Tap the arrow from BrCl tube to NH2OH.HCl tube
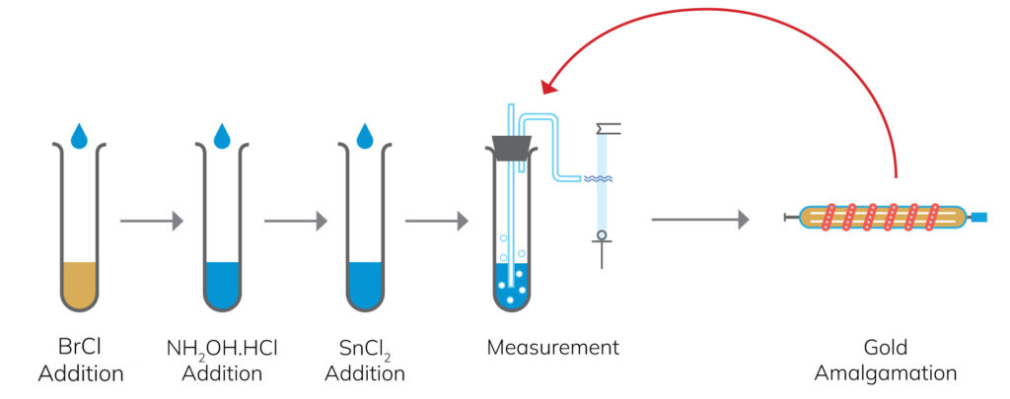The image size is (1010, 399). [x=151, y=221]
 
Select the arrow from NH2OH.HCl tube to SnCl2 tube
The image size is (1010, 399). [x=295, y=221]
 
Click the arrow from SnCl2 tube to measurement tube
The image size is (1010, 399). [x=437, y=221]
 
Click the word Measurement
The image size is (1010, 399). [x=552, y=347]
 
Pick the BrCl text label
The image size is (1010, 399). [x=78, y=347]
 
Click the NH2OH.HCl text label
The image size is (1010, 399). [x=222, y=348]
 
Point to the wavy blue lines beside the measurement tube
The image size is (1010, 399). [x=600, y=179]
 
